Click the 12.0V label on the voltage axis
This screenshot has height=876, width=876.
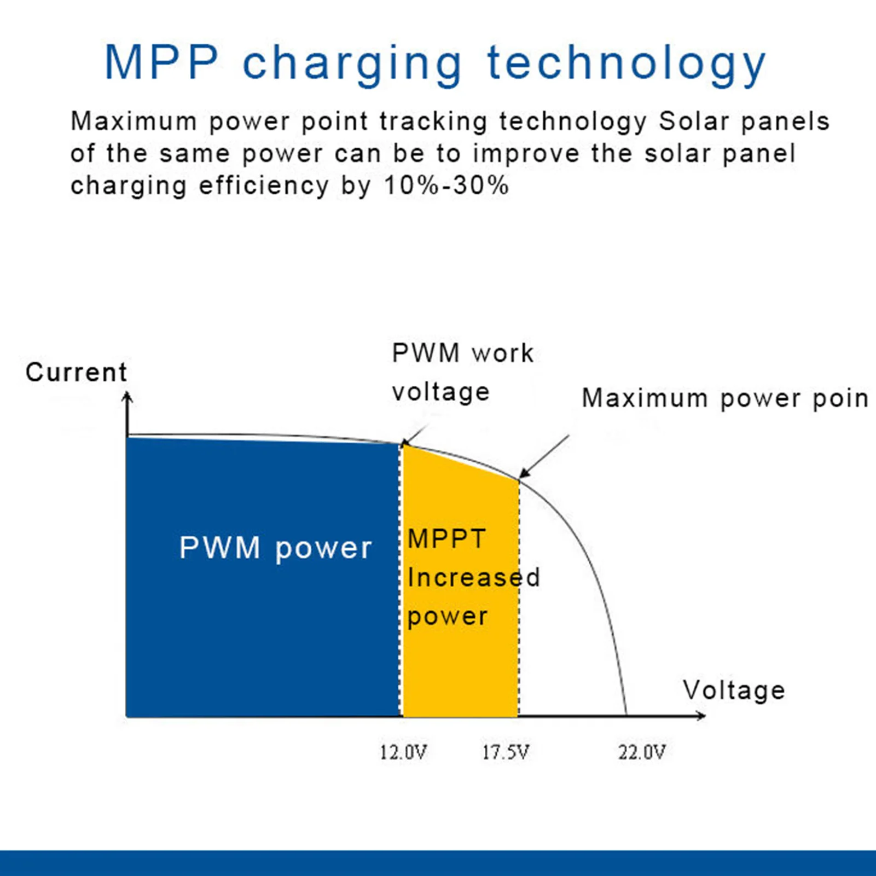(x=403, y=752)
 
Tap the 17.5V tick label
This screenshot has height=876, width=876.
(x=506, y=752)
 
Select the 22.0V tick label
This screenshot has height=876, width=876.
(x=642, y=752)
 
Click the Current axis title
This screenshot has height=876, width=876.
(x=76, y=372)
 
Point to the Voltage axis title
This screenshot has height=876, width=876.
(x=734, y=690)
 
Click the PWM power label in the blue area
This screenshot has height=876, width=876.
(x=276, y=548)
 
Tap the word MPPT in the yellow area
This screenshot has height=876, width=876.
(x=447, y=539)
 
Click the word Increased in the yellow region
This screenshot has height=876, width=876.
(x=474, y=578)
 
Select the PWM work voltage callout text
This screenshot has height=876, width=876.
(x=463, y=373)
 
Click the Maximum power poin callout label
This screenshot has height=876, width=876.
(x=725, y=398)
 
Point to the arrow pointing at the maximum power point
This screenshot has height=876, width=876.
(x=544, y=457)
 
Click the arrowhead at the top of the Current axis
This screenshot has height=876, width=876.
(x=127, y=397)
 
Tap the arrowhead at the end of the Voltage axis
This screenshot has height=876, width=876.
(x=701, y=715)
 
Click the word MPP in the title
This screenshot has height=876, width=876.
(x=161, y=62)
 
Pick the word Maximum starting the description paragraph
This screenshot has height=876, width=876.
(x=134, y=121)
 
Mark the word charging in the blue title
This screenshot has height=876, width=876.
(x=352, y=66)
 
